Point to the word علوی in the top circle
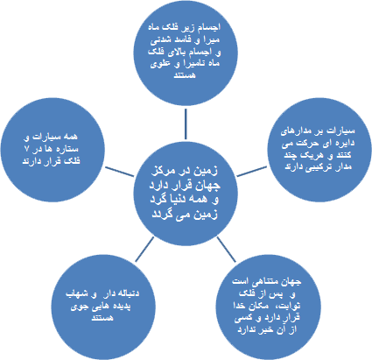[x=160, y=64]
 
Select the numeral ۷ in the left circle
[x=27, y=148]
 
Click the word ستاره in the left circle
[x=68, y=149]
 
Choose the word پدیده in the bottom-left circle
[x=121, y=306]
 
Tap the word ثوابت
[x=289, y=306]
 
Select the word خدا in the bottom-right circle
[x=241, y=306]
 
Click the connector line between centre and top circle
[x=186, y=124]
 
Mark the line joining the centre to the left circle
[x=120, y=172]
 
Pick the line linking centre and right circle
[x=251, y=172]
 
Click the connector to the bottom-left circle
[x=144, y=249]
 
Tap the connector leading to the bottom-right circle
[x=227, y=249]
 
